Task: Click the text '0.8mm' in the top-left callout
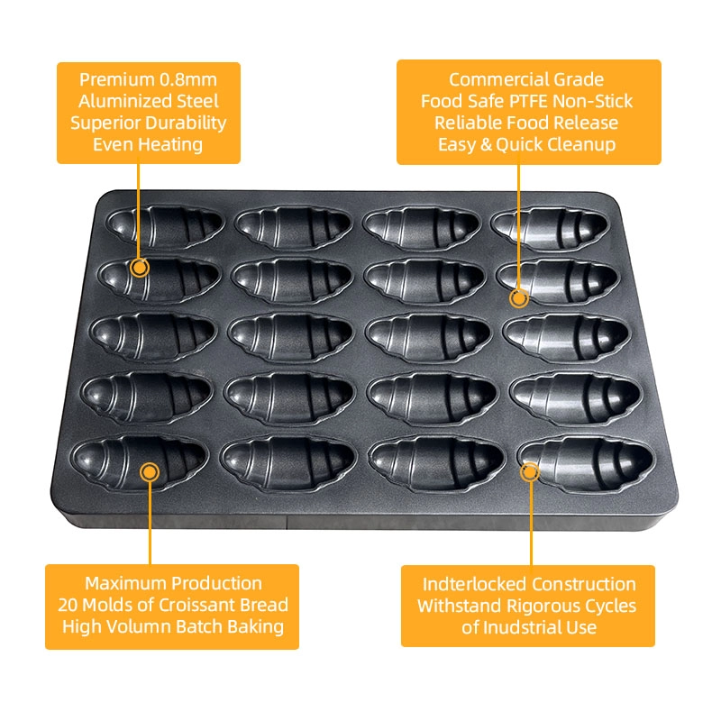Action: [188, 79]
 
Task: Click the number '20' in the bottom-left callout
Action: [68, 605]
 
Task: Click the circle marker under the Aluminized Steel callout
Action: [140, 267]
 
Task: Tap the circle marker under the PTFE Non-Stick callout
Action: [519, 298]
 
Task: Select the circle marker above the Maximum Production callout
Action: [150, 472]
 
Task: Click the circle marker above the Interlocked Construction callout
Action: [530, 471]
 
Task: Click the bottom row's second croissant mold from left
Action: [288, 461]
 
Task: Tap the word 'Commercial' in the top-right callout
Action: [488, 79]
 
